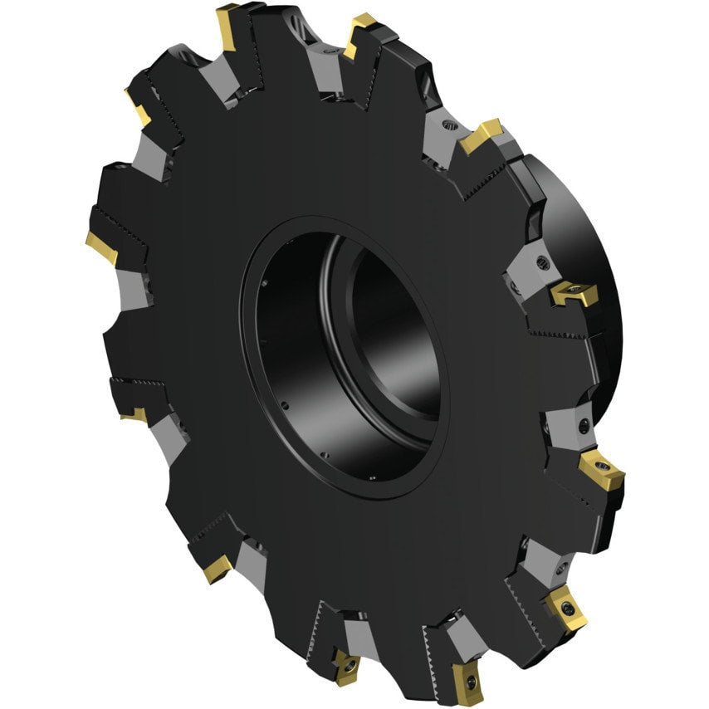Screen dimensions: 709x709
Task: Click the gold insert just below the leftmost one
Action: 134,413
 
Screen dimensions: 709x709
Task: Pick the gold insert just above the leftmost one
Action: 138,107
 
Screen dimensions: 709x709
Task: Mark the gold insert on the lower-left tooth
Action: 218,568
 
